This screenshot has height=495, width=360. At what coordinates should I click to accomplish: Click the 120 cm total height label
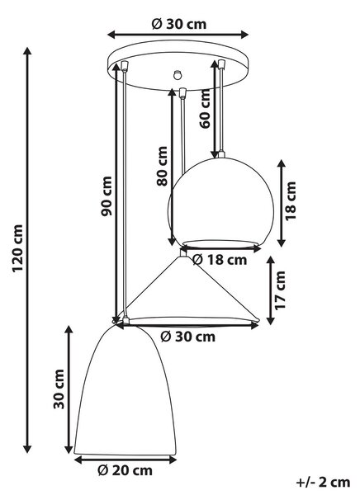click(x=18, y=248)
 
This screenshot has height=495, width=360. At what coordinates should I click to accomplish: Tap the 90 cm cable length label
click(x=107, y=196)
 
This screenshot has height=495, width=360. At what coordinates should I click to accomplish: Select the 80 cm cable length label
click(x=162, y=166)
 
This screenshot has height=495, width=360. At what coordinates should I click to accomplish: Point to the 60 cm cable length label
click(x=205, y=109)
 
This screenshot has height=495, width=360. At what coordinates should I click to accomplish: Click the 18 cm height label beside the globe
click(x=291, y=201)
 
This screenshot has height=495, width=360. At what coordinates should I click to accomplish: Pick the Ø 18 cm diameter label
click(x=220, y=260)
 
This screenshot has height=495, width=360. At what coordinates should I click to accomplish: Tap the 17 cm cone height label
click(x=280, y=290)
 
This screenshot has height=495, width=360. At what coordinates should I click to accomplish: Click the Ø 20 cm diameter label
click(x=126, y=471)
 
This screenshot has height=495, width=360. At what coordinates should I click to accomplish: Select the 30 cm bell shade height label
click(x=59, y=389)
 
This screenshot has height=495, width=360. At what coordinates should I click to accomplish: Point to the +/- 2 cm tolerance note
click(x=324, y=483)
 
